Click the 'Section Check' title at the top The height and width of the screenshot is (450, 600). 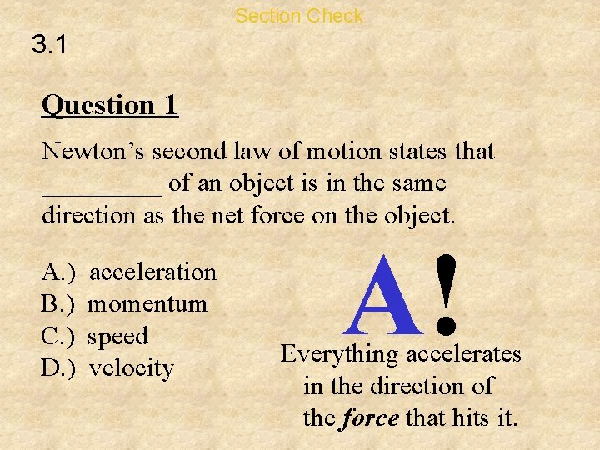(299, 16)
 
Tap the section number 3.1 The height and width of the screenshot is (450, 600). (50, 47)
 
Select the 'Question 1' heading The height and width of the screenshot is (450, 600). (109, 106)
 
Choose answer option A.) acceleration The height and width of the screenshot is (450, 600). (129, 272)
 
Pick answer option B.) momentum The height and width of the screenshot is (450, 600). (124, 304)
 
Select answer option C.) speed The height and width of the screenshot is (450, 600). (94, 337)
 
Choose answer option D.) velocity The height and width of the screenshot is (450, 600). (107, 368)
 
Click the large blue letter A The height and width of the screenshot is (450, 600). (387, 297)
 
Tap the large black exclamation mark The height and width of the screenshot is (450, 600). (448, 292)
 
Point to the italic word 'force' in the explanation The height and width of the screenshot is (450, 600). (370, 417)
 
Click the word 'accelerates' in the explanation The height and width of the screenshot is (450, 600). (463, 354)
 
